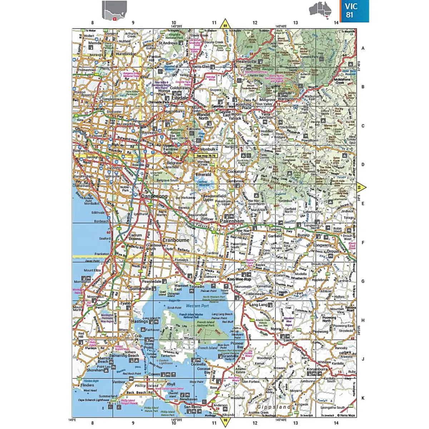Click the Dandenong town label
(154, 196)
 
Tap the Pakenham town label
(232, 221)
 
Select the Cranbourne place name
(176, 240)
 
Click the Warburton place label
(287, 99)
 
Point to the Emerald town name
(203, 174)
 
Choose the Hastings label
(139, 321)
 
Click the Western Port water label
(197, 306)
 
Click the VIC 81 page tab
(354, 11)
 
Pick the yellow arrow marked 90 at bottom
(225, 420)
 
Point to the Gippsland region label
(274, 407)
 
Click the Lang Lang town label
(258, 305)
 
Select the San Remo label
(192, 407)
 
